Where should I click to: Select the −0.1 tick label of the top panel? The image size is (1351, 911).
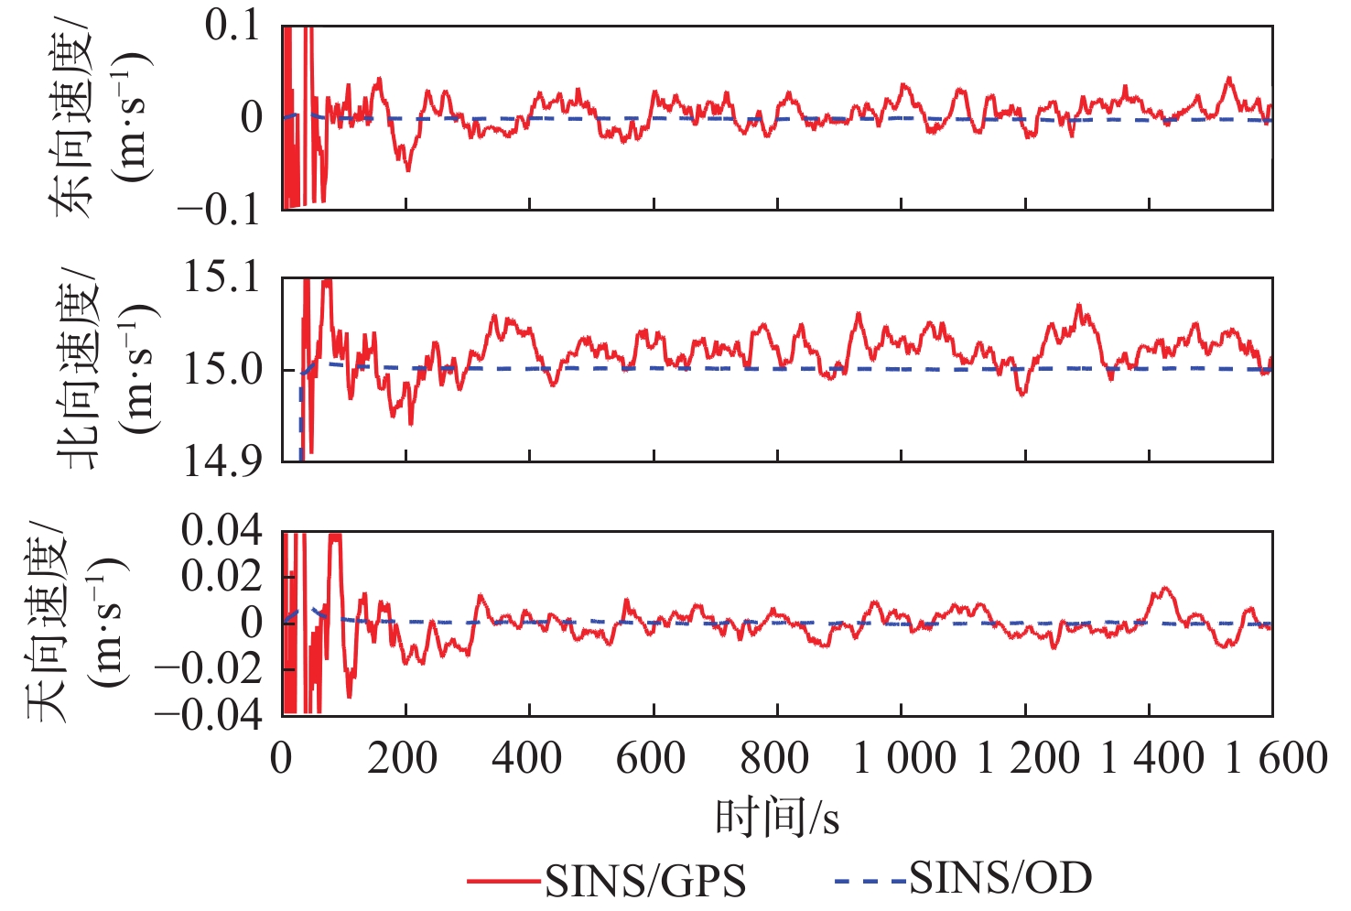[220, 210]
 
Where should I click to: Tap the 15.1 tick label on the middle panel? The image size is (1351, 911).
[222, 277]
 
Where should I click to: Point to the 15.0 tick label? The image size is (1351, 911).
[222, 370]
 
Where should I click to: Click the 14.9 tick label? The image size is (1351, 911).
[222, 461]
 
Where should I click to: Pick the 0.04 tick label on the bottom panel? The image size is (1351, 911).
[222, 530]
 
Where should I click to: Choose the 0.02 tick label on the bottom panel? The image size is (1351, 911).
[222, 576]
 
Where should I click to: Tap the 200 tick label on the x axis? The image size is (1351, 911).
[403, 759]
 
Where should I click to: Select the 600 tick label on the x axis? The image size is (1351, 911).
[651, 759]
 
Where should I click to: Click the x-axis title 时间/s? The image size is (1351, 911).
[777, 817]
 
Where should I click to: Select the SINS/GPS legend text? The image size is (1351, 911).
[645, 881]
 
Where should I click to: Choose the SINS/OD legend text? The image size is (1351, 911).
[1000, 878]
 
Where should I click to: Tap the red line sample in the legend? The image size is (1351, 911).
[503, 882]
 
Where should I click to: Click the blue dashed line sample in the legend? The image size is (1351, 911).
[870, 882]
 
